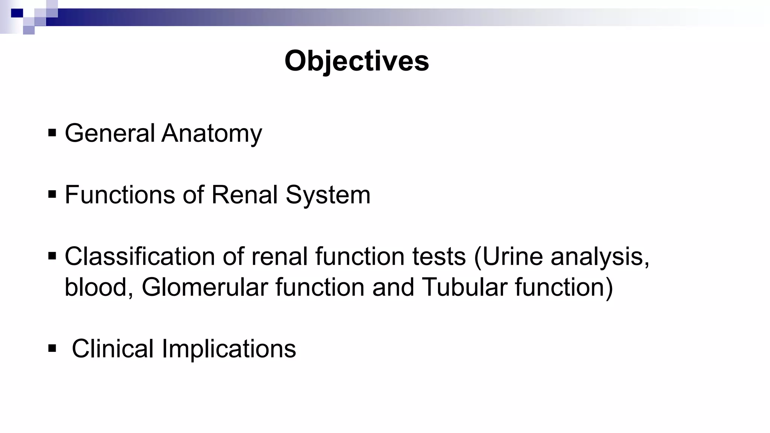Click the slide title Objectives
click(356, 61)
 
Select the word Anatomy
click(212, 134)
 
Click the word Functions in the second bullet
click(120, 195)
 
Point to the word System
click(328, 195)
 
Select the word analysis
click(600, 257)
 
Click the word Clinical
click(112, 348)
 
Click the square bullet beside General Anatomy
click(52, 133)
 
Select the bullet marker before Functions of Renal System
click(52, 194)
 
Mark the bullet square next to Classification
click(52, 256)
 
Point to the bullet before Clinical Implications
click(52, 348)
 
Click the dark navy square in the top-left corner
click(17, 14)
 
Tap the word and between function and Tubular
click(393, 287)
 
